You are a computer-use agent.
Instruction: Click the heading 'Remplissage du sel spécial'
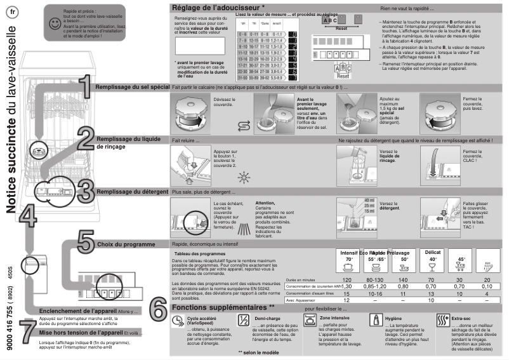point(132,86)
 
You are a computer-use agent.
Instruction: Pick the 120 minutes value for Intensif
point(347,279)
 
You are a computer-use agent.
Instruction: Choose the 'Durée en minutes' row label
point(301,279)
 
